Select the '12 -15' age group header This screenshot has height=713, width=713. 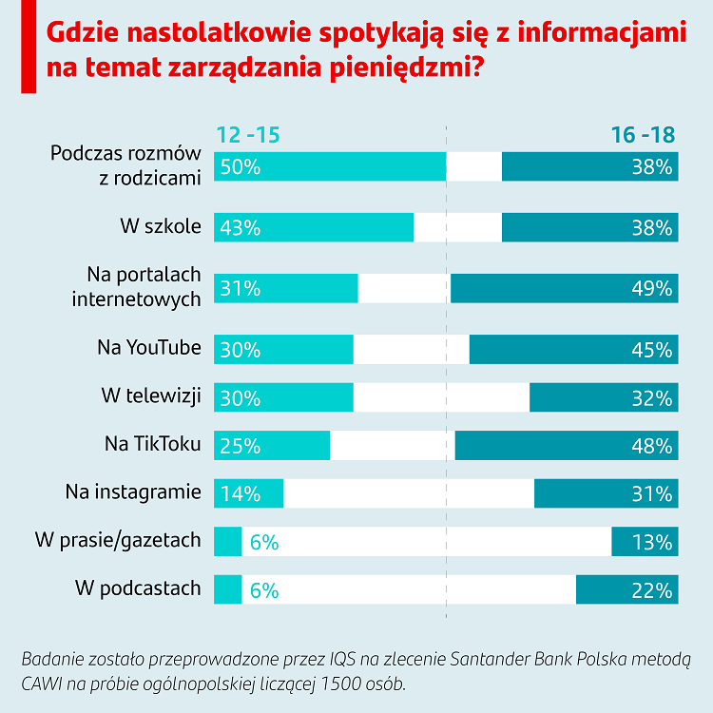[249, 135]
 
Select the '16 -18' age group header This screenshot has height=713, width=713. [643, 135]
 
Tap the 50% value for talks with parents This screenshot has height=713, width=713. [240, 167]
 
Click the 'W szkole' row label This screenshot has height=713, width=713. [160, 227]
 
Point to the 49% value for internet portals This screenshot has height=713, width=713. [652, 289]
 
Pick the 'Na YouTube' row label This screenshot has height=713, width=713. [149, 348]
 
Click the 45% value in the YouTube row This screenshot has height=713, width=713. [652, 350]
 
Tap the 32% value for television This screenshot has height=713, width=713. [652, 397]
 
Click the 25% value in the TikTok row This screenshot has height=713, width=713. [240, 446]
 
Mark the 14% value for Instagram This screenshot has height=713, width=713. [240, 494]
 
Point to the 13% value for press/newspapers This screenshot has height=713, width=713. [652, 543]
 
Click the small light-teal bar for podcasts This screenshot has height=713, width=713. [228, 589]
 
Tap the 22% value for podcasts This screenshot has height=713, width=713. [652, 590]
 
